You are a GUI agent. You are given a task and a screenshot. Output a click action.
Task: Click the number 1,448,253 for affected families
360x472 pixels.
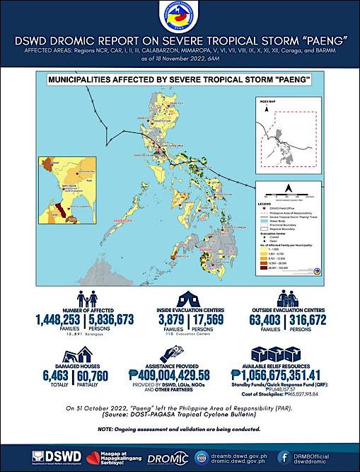tap(57, 320)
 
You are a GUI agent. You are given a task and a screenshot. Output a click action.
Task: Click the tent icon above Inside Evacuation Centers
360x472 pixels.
tap(183, 297)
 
